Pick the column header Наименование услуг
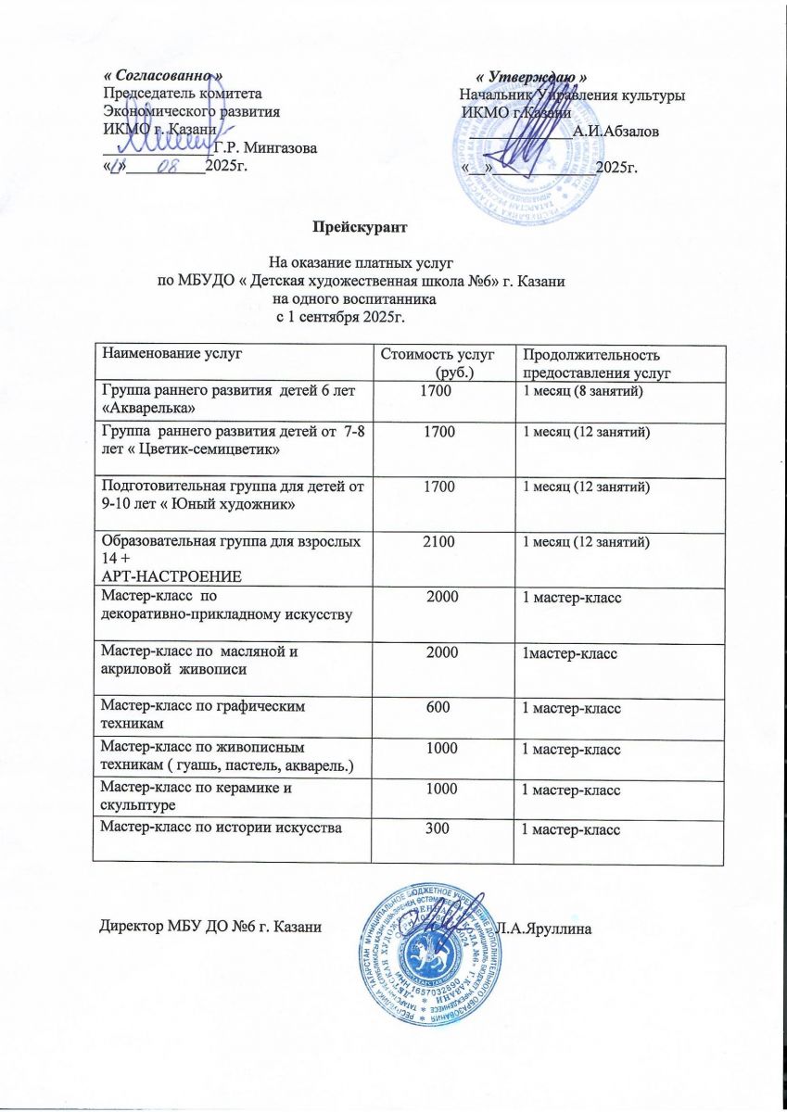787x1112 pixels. pyautogui.click(x=163, y=353)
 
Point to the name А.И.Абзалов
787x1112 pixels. pyautogui.click(x=616, y=133)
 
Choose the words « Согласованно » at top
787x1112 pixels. pyautogui.click(x=163, y=73)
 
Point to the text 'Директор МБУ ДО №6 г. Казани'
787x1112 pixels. pyautogui.click(x=210, y=928)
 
